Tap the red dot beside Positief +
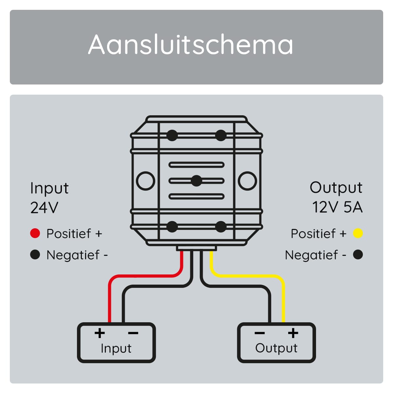[35, 233]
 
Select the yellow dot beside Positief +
[358, 233]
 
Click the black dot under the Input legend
[35, 254]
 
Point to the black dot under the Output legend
[358, 254]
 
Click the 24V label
[44, 207]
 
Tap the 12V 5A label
[337, 207]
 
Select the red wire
[144, 276]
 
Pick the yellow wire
[249, 276]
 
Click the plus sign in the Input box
[100, 333]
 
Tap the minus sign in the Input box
[133, 333]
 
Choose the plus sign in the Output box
[293, 333]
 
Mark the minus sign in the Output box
[259, 333]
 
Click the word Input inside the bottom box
[116, 348]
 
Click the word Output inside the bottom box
[276, 348]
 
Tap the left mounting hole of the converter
[145, 181]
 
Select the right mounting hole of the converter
[247, 181]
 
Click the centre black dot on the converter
[196, 181]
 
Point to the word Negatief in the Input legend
[73, 255]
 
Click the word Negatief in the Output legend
[311, 255]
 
